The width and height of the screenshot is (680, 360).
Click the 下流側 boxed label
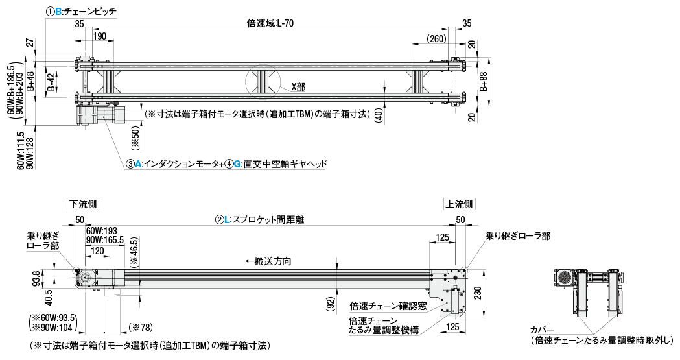point(84,204)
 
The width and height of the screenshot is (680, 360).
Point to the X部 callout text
point(299,86)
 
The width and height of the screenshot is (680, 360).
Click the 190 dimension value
point(99,36)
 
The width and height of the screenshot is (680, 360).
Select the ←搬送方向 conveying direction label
point(268,261)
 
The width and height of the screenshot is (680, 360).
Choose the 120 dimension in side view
point(98,251)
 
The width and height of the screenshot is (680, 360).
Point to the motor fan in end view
point(563,278)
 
